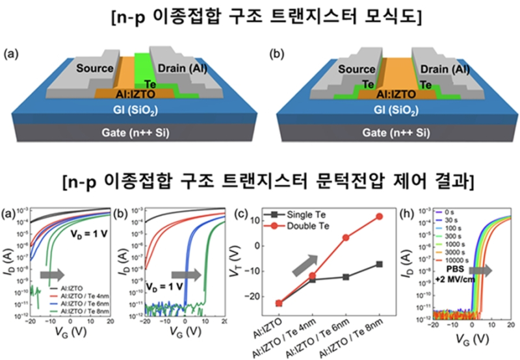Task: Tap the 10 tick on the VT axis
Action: coord(256,221)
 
